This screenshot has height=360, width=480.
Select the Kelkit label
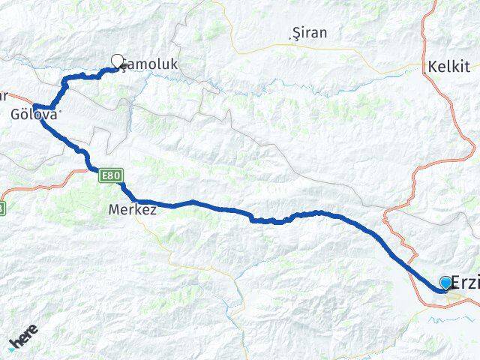448,66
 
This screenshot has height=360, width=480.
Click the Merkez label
132,210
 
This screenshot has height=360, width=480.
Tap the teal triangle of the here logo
12,349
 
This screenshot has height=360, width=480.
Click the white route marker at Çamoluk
117,61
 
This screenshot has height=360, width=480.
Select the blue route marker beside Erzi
446,282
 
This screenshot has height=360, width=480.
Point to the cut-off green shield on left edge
2,208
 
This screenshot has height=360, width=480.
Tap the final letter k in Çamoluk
174,65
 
